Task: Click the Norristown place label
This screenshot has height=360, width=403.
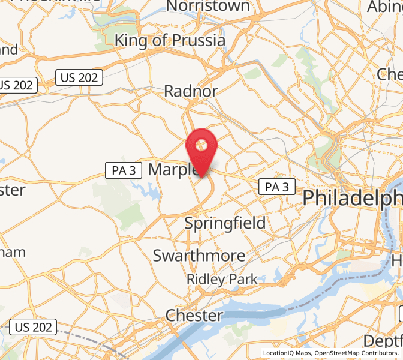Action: tap(208, 7)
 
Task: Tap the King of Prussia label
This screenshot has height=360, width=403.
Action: tap(170, 41)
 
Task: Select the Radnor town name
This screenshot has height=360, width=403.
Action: tap(191, 91)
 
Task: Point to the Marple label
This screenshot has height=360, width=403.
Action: tap(173, 170)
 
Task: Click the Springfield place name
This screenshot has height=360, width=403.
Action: tap(225, 223)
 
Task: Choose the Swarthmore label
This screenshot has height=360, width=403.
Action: tap(199, 256)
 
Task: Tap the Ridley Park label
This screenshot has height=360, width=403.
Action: tap(222, 279)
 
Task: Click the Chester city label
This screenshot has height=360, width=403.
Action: tap(194, 315)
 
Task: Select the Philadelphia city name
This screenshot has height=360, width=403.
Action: tap(353, 197)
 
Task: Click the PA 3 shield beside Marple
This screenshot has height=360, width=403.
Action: tap(123, 170)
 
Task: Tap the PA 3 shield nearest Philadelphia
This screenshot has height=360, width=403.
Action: tap(277, 187)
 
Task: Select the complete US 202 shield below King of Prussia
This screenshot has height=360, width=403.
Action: tap(80, 77)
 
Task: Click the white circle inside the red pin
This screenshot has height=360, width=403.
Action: tap(202, 144)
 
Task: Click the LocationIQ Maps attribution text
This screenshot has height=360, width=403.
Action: tap(287, 353)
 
